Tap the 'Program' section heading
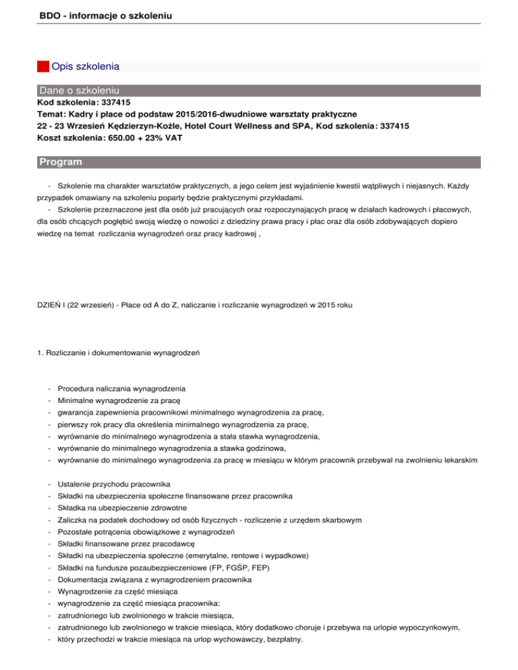pyautogui.click(x=61, y=162)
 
